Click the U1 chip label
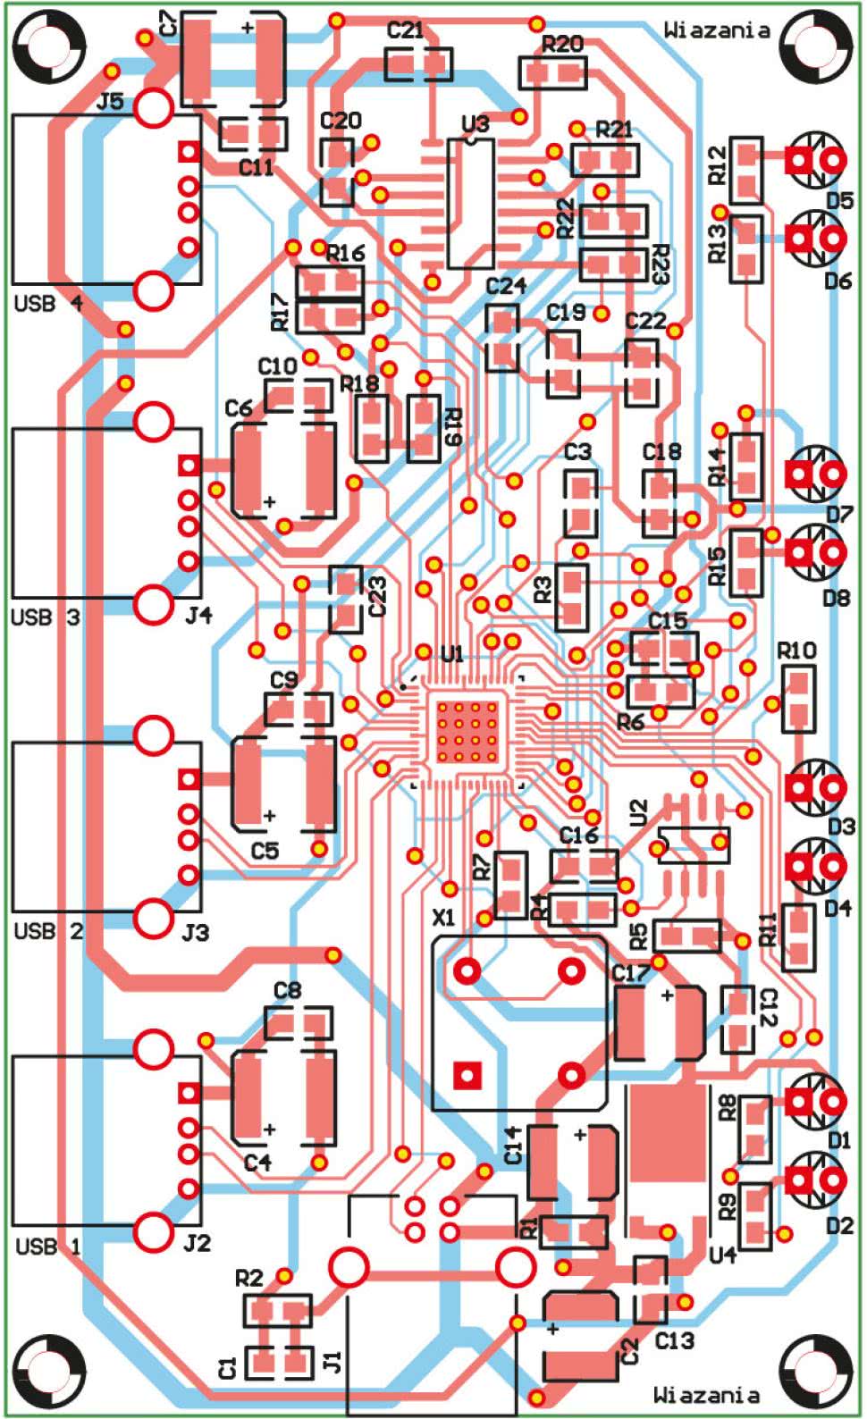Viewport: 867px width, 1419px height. coord(452,654)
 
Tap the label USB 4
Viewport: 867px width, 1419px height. coord(49,304)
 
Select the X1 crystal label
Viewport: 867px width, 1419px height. coord(443,918)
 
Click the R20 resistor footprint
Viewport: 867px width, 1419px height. coord(552,73)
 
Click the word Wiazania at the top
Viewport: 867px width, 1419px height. coord(717,29)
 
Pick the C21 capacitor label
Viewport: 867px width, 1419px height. coord(405,29)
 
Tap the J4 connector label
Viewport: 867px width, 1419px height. coord(198,615)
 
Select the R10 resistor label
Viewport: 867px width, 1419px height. coord(796,650)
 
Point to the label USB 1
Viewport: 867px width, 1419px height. coord(48,1247)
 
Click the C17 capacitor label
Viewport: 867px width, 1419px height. coord(631,972)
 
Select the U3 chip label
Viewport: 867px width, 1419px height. coord(476,124)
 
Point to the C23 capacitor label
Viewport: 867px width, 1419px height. coord(378,596)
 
